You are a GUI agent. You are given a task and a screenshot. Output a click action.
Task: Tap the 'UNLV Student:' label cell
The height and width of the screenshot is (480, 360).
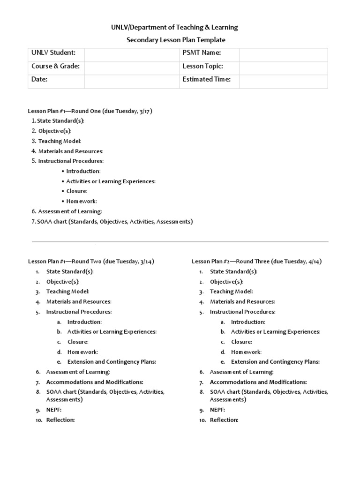[53, 53]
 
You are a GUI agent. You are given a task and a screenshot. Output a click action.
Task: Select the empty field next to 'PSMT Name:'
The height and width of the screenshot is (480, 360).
[283, 53]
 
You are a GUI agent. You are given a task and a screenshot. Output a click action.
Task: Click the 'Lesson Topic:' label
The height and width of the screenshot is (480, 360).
[202, 66]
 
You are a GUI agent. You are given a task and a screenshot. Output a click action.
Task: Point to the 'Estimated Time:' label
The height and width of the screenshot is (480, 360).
[206, 79]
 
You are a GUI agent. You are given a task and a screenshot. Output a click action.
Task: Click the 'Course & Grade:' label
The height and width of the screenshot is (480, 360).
[55, 66]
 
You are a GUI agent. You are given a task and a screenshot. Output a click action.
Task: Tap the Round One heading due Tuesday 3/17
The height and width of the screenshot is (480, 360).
[90, 111]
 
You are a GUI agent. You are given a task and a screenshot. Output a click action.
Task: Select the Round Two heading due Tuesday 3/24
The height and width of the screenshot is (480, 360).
[91, 261]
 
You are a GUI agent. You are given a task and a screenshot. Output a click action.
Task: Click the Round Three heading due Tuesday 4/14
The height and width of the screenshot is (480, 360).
[256, 261]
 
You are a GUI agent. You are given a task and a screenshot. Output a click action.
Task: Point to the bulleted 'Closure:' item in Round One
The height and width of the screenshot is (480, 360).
[77, 191]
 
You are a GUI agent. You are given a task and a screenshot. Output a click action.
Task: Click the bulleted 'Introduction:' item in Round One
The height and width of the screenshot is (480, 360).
[83, 171]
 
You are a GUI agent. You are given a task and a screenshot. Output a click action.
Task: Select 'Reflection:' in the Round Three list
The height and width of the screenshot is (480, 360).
[224, 420]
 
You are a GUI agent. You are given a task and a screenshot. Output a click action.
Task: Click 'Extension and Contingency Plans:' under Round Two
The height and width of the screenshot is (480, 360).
[112, 361]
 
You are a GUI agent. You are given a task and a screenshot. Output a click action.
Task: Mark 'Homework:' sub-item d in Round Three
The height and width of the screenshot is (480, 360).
[246, 352]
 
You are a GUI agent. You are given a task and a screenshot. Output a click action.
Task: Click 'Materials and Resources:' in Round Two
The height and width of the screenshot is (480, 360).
[79, 301]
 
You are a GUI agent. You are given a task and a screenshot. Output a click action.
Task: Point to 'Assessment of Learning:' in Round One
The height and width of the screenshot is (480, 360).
[70, 211]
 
